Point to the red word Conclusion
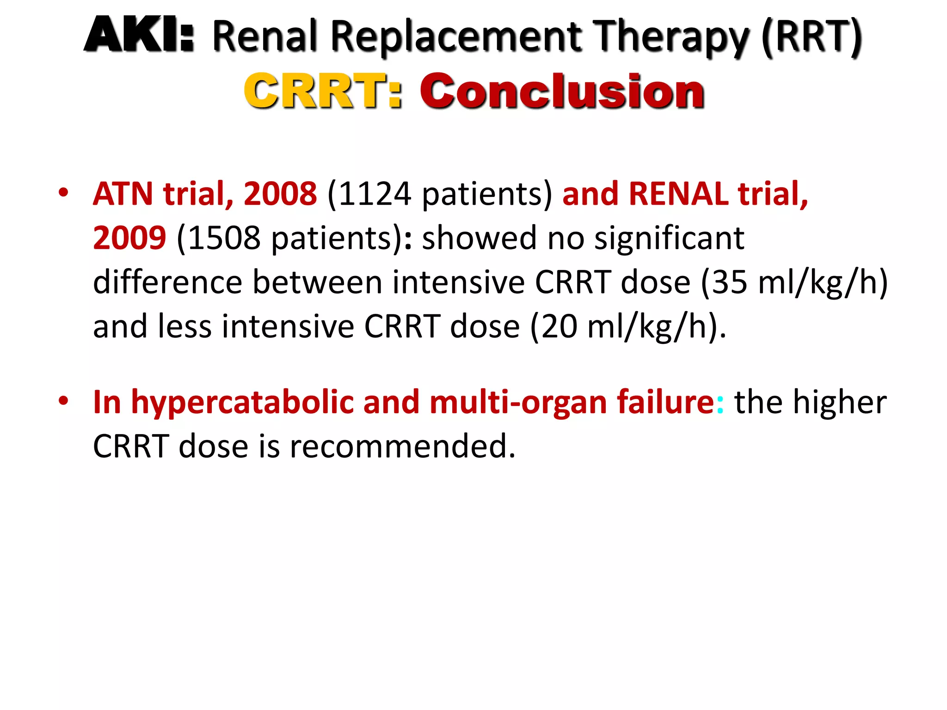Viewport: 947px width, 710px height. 562,91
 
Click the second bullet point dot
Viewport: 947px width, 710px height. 63,401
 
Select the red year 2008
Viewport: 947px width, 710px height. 280,193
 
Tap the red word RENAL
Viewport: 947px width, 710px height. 678,193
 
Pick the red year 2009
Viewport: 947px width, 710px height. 129,238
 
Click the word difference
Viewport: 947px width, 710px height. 167,282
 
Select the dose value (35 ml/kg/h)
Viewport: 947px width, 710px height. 794,282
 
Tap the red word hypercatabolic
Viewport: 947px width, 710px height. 242,402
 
